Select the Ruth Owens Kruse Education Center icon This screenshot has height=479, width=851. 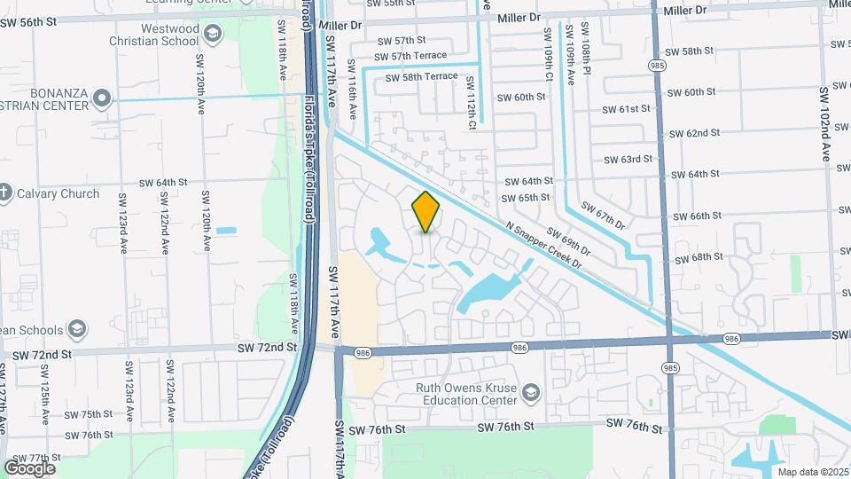click(x=530, y=392)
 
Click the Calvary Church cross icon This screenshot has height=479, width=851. click(x=4, y=192)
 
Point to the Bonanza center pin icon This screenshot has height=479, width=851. click(x=103, y=98)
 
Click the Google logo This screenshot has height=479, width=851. click(x=29, y=468)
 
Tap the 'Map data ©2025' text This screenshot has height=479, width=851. click(x=811, y=472)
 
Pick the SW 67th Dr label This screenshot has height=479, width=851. click(x=603, y=215)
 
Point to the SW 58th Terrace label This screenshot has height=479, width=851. click(x=421, y=77)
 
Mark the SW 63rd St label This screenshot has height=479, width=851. click(x=628, y=160)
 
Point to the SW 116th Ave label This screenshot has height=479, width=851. click(x=352, y=90)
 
